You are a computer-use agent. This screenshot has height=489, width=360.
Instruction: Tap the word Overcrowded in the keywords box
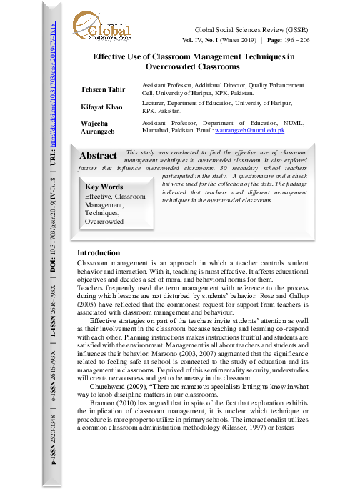(x=104, y=222)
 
